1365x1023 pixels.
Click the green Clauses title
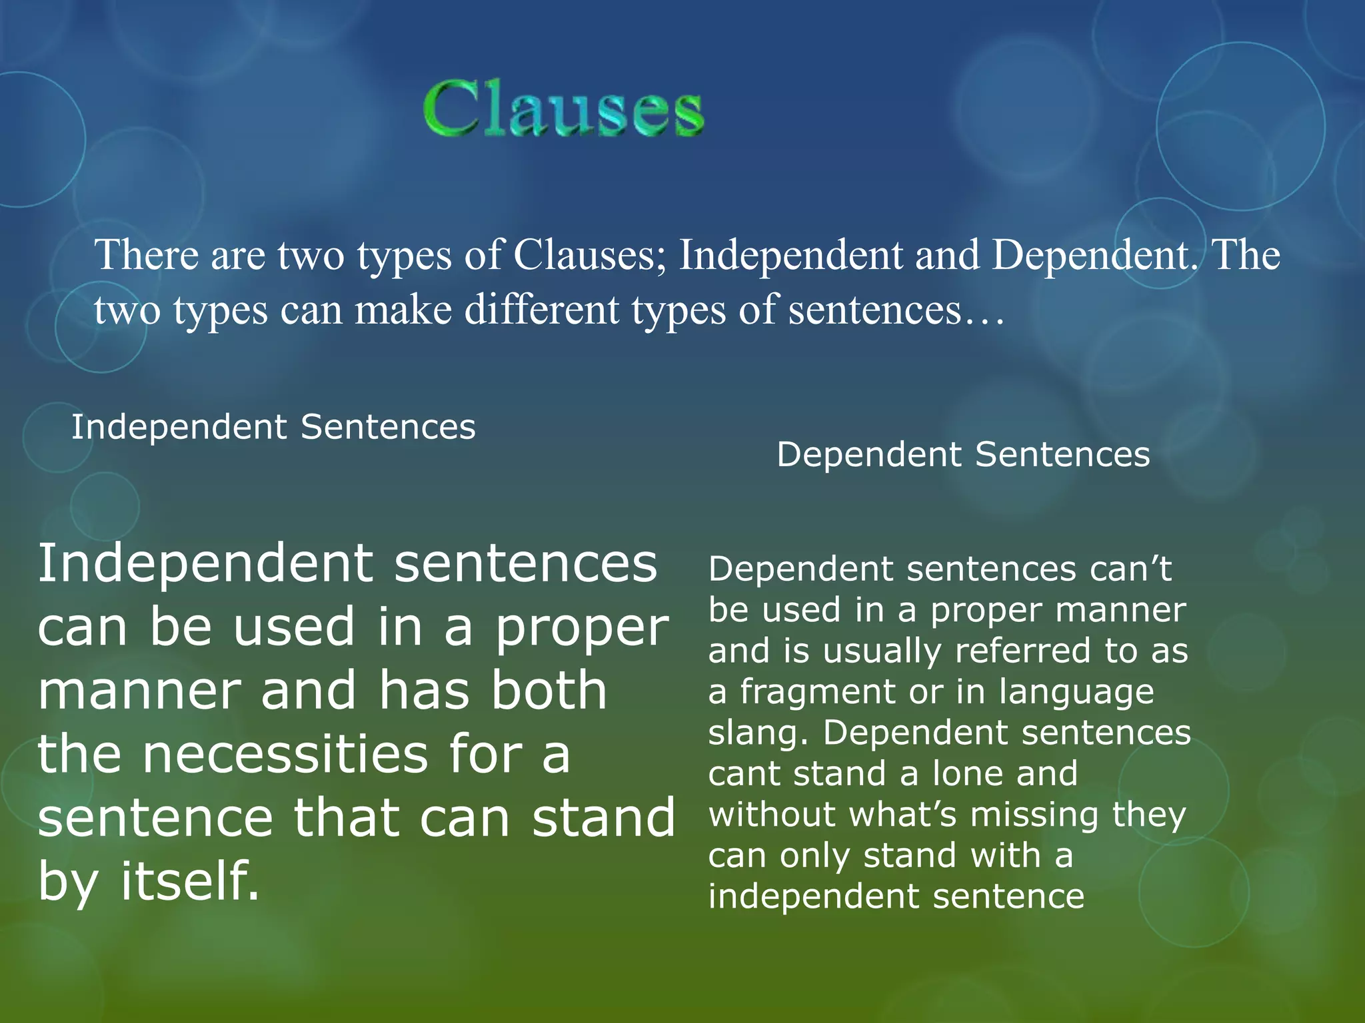[563, 109]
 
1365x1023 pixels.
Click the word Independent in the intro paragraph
[790, 256]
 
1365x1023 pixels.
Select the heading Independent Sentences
[273, 427]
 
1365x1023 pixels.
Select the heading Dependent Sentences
[963, 455]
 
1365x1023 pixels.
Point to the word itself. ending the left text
[190, 880]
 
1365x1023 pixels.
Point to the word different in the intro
[541, 310]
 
